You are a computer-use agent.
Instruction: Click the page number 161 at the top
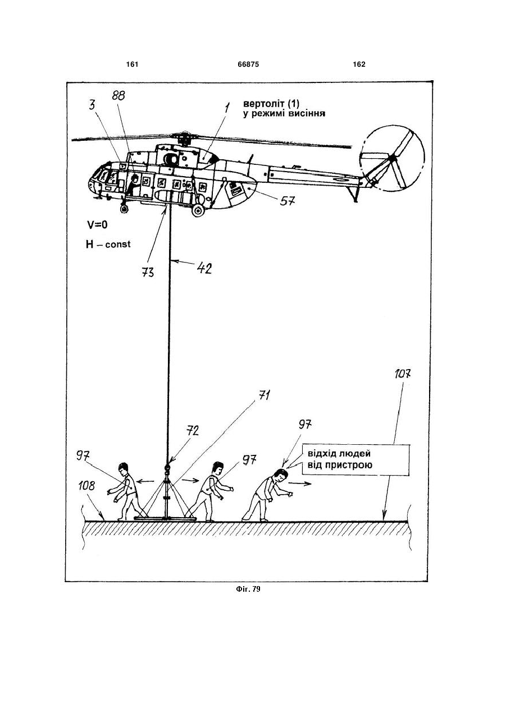pyautogui.click(x=132, y=65)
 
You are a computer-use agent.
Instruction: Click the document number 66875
pyautogui.click(x=248, y=65)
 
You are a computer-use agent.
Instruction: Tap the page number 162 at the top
pyautogui.click(x=359, y=65)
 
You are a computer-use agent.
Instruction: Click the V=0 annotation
pyautogui.click(x=97, y=225)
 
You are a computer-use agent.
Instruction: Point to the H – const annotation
pyautogui.click(x=108, y=245)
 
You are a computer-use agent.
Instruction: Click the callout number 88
pyautogui.click(x=118, y=95)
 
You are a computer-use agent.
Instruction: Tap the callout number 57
pyautogui.click(x=288, y=201)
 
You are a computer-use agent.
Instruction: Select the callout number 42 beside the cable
pyautogui.click(x=204, y=269)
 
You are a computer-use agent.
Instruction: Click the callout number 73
pyautogui.click(x=148, y=272)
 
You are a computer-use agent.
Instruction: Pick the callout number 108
pyautogui.click(x=87, y=486)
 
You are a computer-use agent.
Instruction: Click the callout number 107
pyautogui.click(x=402, y=374)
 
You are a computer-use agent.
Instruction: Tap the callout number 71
pyautogui.click(x=265, y=396)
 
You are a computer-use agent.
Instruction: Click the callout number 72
pyautogui.click(x=192, y=431)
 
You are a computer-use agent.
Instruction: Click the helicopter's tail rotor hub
pyautogui.click(x=393, y=158)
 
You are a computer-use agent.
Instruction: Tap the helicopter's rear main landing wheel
pyautogui.click(x=198, y=210)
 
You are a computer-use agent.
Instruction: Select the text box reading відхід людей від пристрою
pyautogui.click(x=355, y=460)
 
